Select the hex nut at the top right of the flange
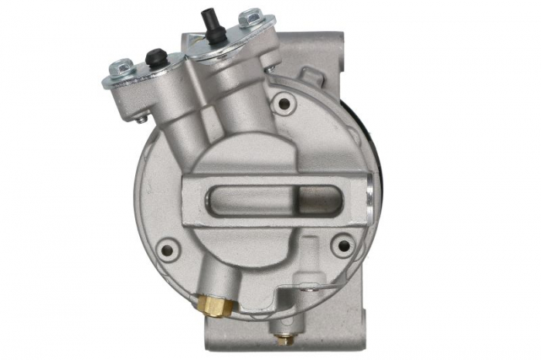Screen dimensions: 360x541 (250, 17)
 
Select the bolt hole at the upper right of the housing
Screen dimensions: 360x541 (284, 103)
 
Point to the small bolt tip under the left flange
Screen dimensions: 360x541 (142, 119)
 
